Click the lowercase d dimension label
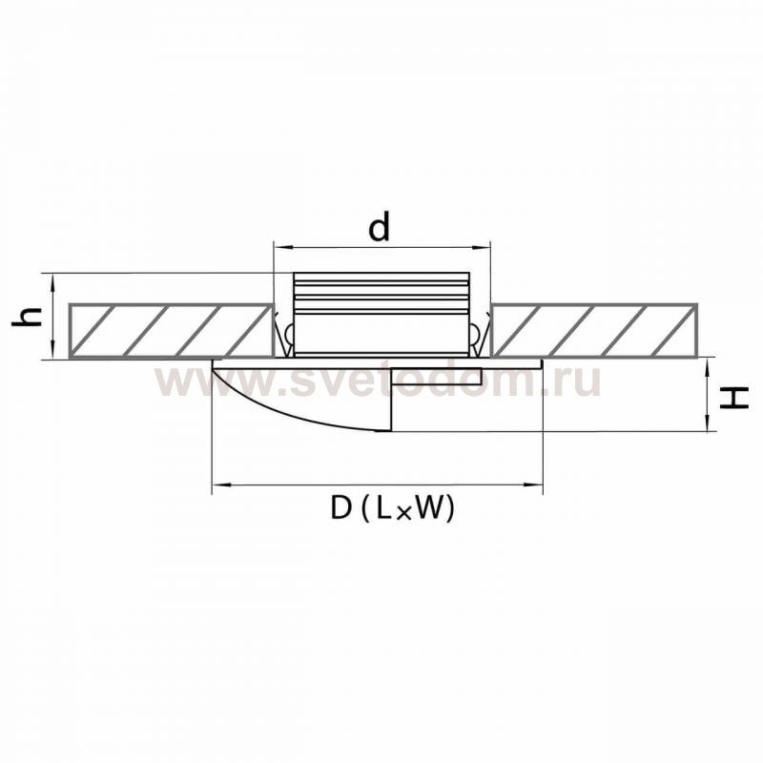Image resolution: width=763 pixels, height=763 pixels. [x=379, y=228]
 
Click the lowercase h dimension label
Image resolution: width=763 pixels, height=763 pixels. [x=28, y=317]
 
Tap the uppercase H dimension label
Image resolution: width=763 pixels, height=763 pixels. [x=734, y=397]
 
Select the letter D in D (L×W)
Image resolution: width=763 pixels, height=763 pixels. [x=341, y=508]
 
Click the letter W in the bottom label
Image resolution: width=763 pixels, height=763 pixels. [x=430, y=508]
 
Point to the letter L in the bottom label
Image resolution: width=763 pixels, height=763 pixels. [x=383, y=508]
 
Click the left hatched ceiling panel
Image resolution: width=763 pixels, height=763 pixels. [x=171, y=331]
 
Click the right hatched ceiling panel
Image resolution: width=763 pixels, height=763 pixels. [x=594, y=331]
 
